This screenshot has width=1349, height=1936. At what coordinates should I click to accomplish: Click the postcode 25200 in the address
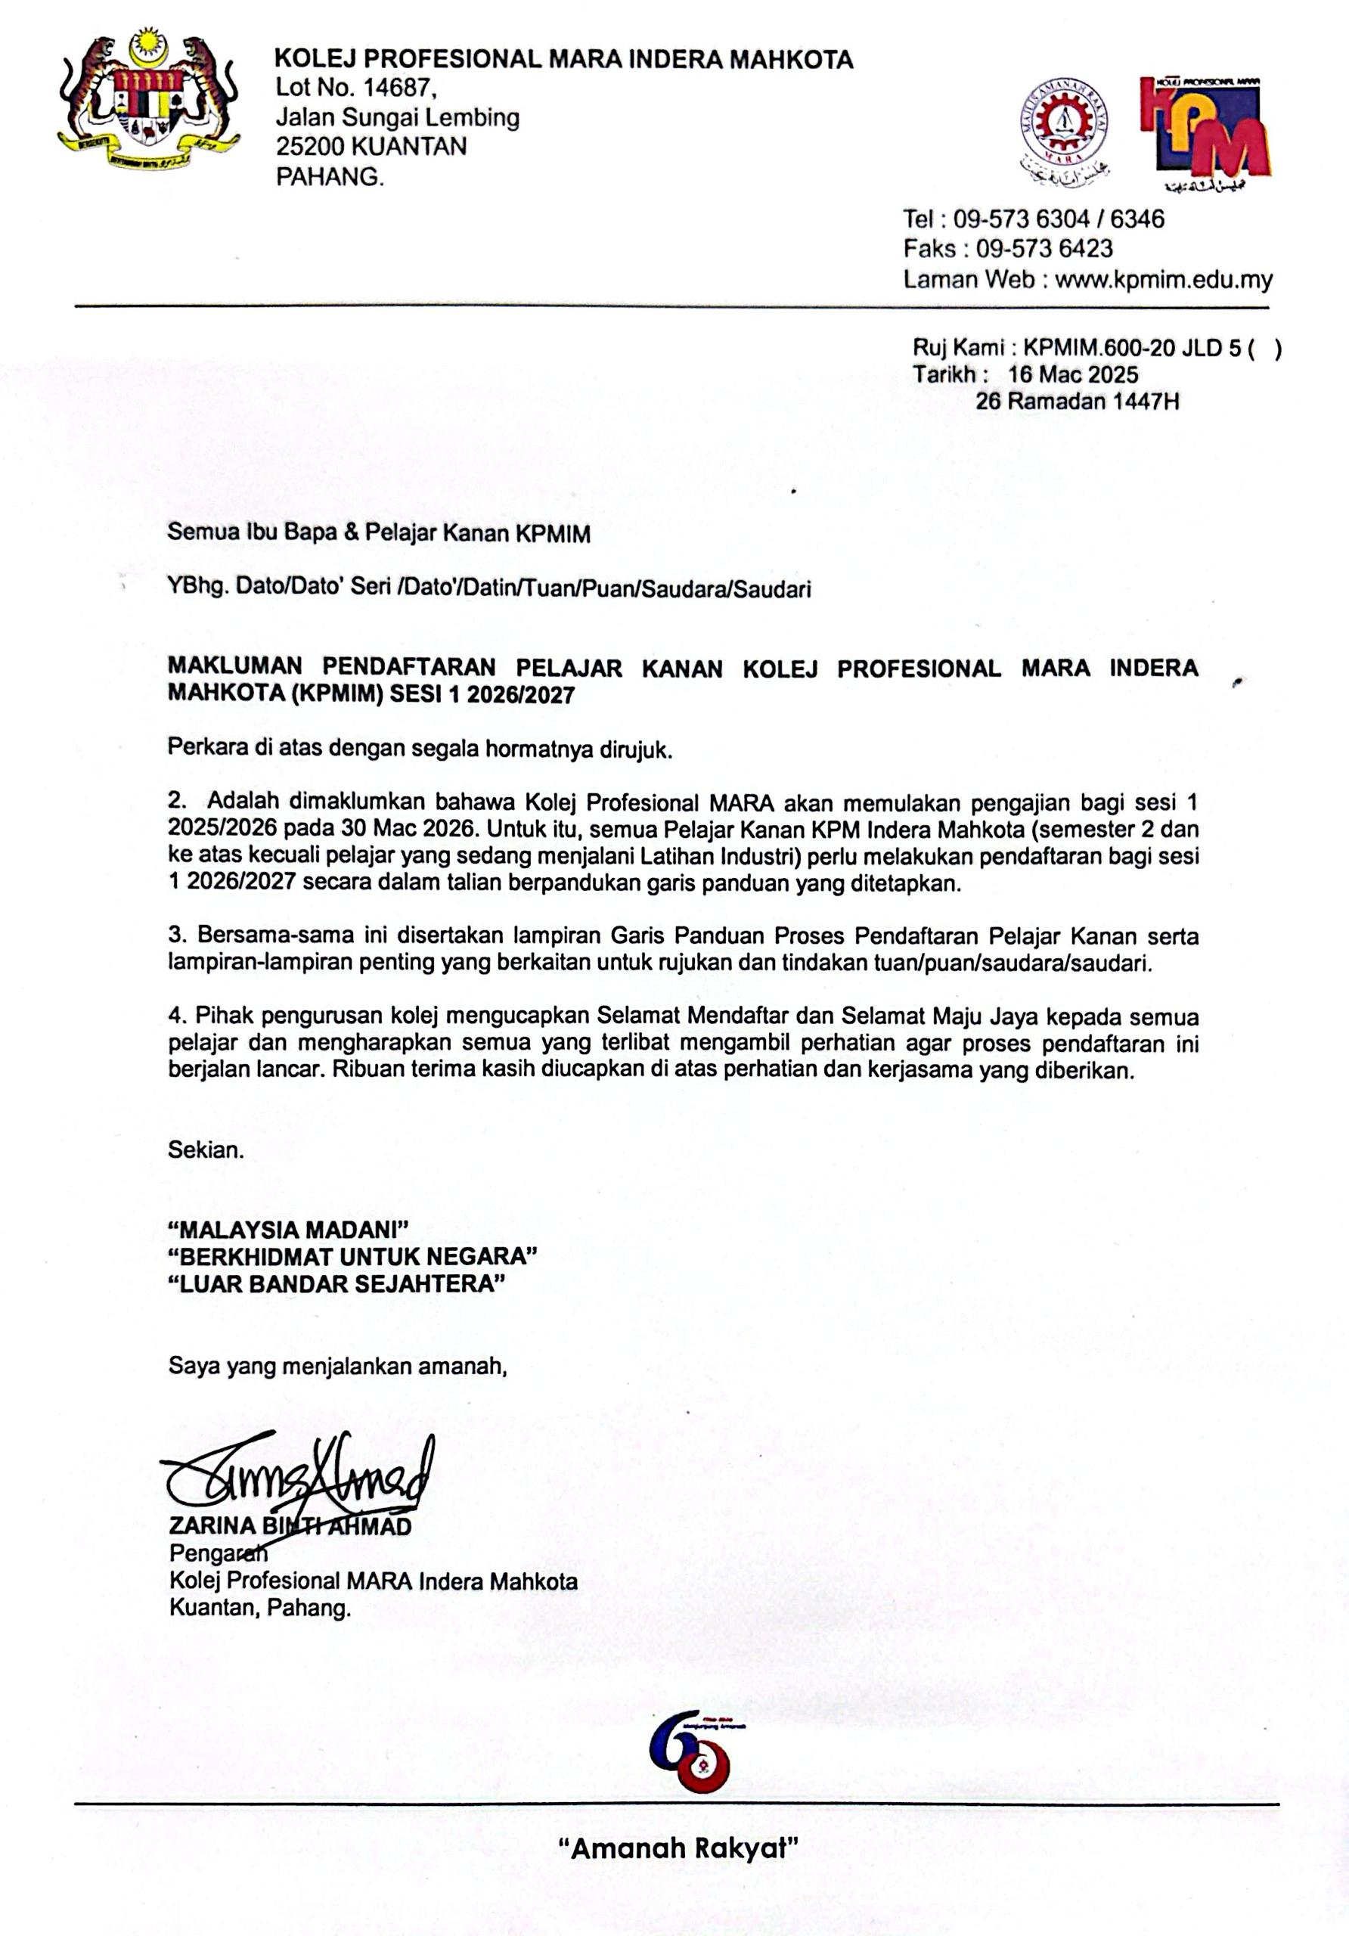309,147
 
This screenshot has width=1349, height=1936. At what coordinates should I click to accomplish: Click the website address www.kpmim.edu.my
1164,279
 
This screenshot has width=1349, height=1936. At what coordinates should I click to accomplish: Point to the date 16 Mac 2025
1072,374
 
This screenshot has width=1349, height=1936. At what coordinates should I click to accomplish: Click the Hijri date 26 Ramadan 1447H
1077,402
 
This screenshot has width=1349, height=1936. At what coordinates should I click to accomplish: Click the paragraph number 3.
176,935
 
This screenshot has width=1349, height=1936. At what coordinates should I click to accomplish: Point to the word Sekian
206,1150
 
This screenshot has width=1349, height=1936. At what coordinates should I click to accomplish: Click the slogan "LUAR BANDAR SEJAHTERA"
336,1284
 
